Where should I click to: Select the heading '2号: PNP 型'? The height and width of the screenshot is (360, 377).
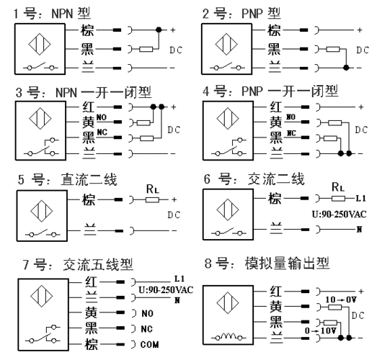tap(241, 13)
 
